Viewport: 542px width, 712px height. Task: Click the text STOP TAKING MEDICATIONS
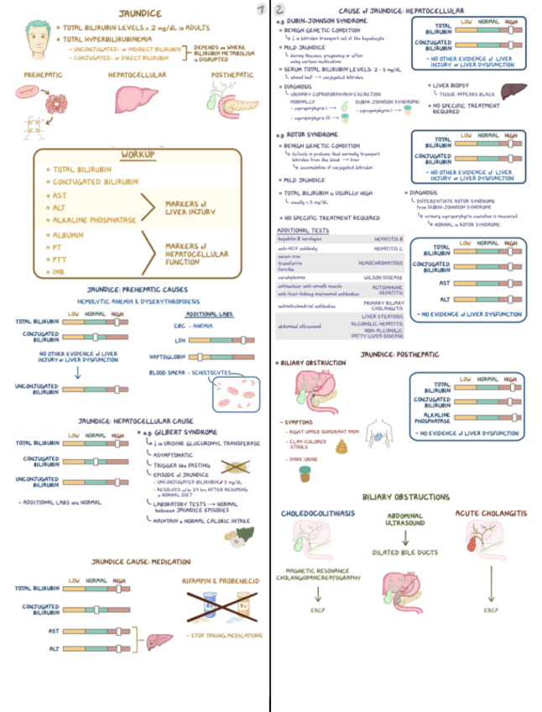(x=221, y=636)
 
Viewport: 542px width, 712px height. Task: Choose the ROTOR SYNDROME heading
(x=310, y=134)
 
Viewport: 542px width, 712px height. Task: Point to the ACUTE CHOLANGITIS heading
(x=490, y=512)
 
